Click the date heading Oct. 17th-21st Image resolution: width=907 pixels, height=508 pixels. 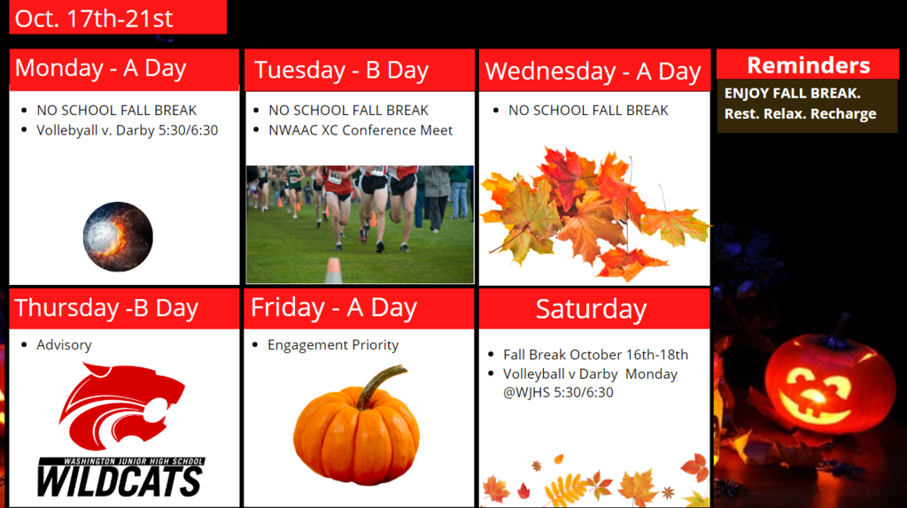pos(94,19)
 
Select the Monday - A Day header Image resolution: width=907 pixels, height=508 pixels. pos(101,68)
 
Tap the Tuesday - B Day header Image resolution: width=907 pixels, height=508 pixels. pos(341,70)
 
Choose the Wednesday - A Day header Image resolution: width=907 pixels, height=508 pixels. pos(593,72)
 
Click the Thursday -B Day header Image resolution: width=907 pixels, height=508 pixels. pos(106,307)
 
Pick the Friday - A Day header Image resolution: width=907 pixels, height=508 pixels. pos(334,307)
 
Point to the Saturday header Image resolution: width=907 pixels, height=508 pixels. pos(591,309)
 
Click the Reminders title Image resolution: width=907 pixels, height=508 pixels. pos(808,65)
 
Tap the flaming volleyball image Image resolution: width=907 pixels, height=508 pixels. pos(118,236)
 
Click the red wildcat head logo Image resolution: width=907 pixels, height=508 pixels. pos(121,406)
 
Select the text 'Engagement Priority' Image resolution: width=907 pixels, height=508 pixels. pos(333,345)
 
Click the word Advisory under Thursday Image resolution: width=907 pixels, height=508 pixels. pos(64,345)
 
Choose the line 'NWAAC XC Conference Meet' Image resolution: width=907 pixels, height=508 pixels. pos(360,131)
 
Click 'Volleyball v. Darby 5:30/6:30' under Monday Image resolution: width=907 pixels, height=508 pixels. pos(128,131)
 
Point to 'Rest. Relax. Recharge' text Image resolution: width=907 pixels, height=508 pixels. pos(800,114)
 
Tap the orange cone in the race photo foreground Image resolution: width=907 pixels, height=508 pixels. pos(334,271)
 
